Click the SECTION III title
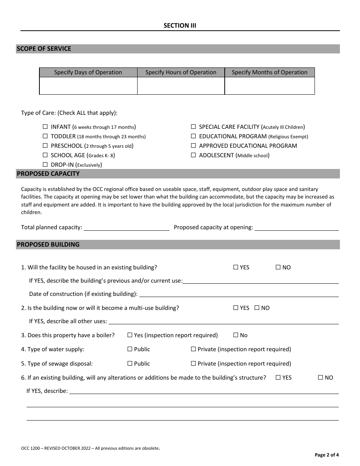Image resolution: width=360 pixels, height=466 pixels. (x=180, y=26)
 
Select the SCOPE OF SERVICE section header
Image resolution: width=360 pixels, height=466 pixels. (x=44, y=49)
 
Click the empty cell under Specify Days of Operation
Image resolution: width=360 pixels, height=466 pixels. (x=88, y=86)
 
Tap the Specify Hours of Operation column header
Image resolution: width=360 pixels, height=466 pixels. (x=181, y=72)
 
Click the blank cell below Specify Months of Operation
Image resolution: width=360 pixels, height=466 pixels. (x=269, y=86)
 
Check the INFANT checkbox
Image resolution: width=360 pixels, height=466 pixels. (x=45, y=127)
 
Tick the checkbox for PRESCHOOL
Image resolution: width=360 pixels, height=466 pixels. (x=45, y=146)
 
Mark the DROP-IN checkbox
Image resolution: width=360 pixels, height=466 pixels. (x=45, y=165)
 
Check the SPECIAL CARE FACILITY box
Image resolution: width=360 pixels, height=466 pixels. (x=193, y=127)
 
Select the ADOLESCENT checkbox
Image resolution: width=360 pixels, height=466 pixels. (x=193, y=155)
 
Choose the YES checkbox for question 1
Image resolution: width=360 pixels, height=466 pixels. (x=236, y=267)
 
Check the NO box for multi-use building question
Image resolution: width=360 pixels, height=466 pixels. (x=257, y=308)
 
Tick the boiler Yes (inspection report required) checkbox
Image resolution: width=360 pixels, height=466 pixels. (x=130, y=335)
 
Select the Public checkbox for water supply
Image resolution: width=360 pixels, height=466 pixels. (x=130, y=349)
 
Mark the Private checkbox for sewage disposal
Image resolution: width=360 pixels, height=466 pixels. (x=193, y=364)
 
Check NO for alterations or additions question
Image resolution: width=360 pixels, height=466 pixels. (x=321, y=378)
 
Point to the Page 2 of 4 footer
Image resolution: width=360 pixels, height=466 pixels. (x=327, y=455)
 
